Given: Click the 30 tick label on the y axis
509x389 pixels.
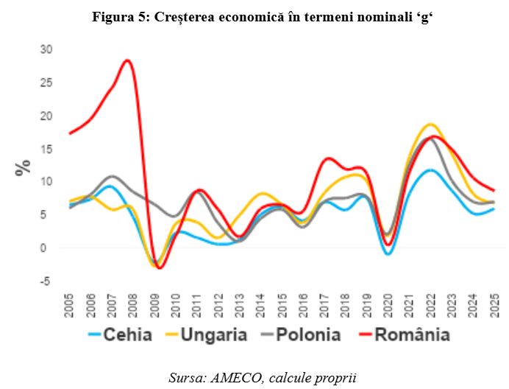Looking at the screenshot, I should click(x=46, y=49).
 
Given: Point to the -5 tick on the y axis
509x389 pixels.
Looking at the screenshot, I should click(x=46, y=281).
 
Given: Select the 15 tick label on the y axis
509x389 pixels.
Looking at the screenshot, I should click(x=46, y=148).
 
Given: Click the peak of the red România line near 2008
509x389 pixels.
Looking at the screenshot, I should click(x=128, y=60).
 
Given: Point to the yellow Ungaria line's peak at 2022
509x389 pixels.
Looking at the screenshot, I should click(x=430, y=124).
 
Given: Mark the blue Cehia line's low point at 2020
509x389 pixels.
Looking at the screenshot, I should click(x=388, y=253).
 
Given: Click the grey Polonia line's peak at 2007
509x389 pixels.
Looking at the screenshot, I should click(x=111, y=176).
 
